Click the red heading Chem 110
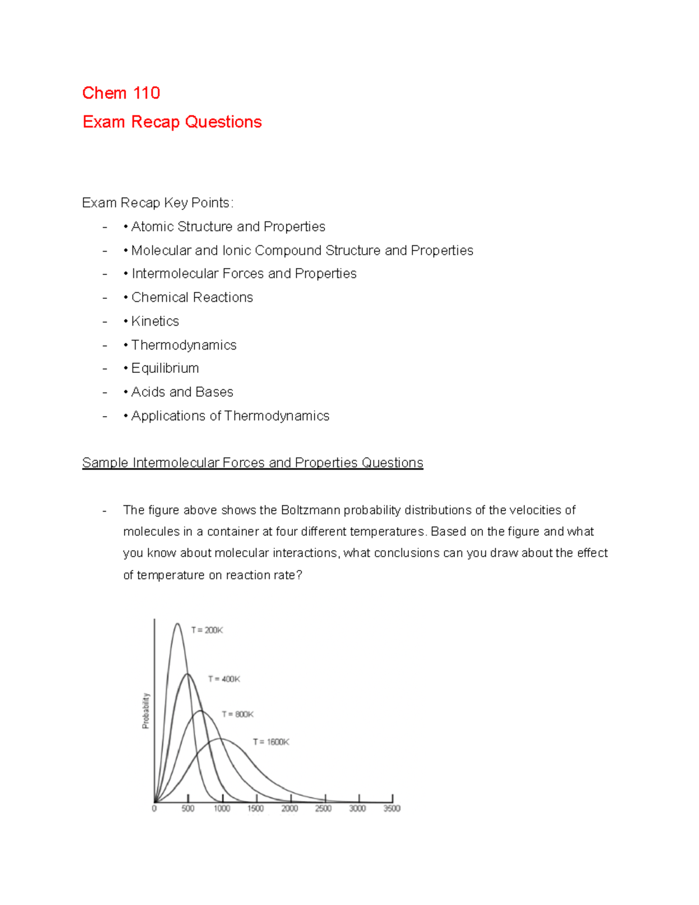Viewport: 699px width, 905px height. (x=121, y=93)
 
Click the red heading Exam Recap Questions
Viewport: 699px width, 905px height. (x=172, y=122)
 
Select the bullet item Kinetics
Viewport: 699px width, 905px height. (x=155, y=321)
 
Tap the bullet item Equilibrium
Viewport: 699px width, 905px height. (x=165, y=368)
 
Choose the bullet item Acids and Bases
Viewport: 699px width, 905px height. (x=182, y=392)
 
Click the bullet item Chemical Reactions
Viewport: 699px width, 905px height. (x=192, y=297)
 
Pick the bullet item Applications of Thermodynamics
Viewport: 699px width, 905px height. (x=230, y=416)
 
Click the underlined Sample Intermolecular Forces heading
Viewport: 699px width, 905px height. (x=252, y=463)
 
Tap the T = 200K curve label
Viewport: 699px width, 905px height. (x=207, y=630)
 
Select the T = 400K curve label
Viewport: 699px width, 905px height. (x=224, y=679)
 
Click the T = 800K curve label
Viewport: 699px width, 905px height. (x=237, y=714)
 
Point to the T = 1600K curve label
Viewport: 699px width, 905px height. (x=271, y=742)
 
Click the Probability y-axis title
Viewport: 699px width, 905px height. (x=146, y=710)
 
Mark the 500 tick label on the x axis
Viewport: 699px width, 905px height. (x=188, y=809)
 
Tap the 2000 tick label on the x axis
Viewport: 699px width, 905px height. (x=290, y=809)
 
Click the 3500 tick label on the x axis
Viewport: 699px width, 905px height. (x=391, y=809)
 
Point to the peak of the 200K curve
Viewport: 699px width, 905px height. (x=177, y=624)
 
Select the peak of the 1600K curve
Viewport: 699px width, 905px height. (x=221, y=739)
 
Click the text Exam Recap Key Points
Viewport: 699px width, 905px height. (x=157, y=203)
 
